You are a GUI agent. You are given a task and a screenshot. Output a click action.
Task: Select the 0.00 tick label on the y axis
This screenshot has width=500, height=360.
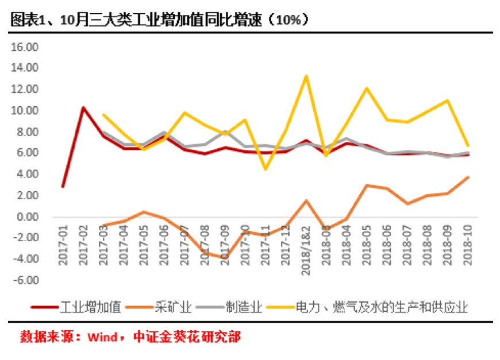pyautogui.click(x=26, y=217)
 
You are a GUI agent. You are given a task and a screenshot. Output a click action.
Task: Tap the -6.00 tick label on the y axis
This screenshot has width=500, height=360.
pyautogui.click(x=25, y=281)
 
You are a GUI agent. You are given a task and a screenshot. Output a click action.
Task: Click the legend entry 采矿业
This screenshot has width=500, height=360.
pyautogui.click(x=173, y=307)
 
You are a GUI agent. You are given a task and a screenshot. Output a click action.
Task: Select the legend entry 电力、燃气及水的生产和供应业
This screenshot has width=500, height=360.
pyautogui.click(x=382, y=307)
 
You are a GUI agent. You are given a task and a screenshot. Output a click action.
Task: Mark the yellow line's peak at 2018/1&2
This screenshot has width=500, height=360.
pyautogui.click(x=306, y=76)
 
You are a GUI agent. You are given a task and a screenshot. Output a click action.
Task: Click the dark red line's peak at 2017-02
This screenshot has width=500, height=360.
pyautogui.click(x=83, y=107)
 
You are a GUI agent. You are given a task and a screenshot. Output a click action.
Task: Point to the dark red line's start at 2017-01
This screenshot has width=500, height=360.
pyautogui.click(x=62, y=187)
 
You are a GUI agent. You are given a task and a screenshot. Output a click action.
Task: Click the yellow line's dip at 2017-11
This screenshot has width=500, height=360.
pyautogui.click(x=265, y=169)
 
